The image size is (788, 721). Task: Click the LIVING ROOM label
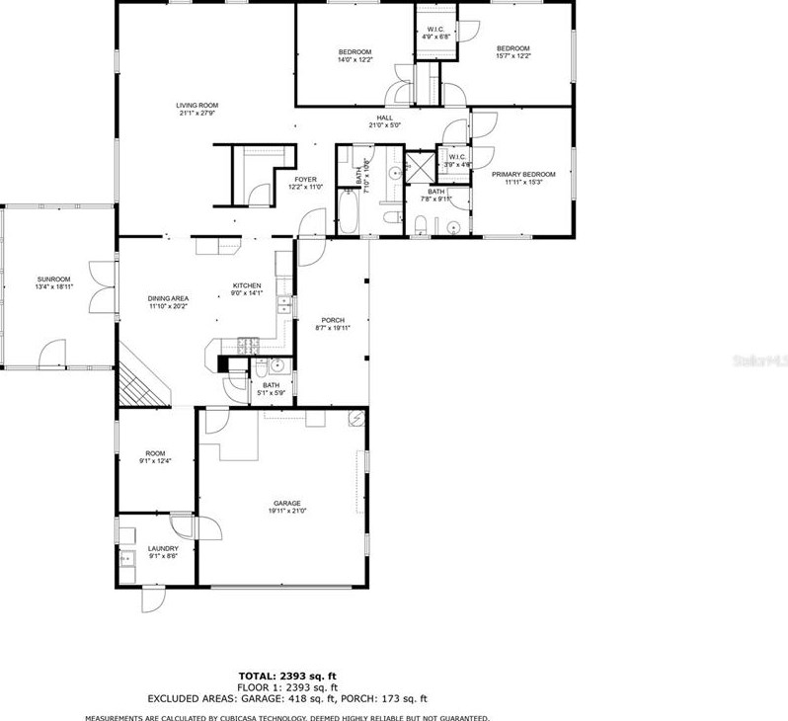(x=197, y=105)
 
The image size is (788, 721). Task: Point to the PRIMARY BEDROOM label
(x=523, y=174)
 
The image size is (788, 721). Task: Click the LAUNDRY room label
(x=163, y=548)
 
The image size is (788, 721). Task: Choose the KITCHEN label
(x=246, y=284)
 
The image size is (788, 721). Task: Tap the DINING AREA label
(x=168, y=298)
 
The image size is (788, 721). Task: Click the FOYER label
(x=305, y=179)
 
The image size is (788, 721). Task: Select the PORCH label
(x=333, y=320)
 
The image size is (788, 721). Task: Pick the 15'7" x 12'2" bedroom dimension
(x=513, y=56)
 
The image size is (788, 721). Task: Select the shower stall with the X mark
(x=419, y=166)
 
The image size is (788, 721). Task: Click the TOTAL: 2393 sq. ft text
(x=286, y=677)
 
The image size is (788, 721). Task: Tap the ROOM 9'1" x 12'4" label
(x=155, y=456)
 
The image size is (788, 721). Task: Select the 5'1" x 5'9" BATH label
(x=271, y=389)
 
